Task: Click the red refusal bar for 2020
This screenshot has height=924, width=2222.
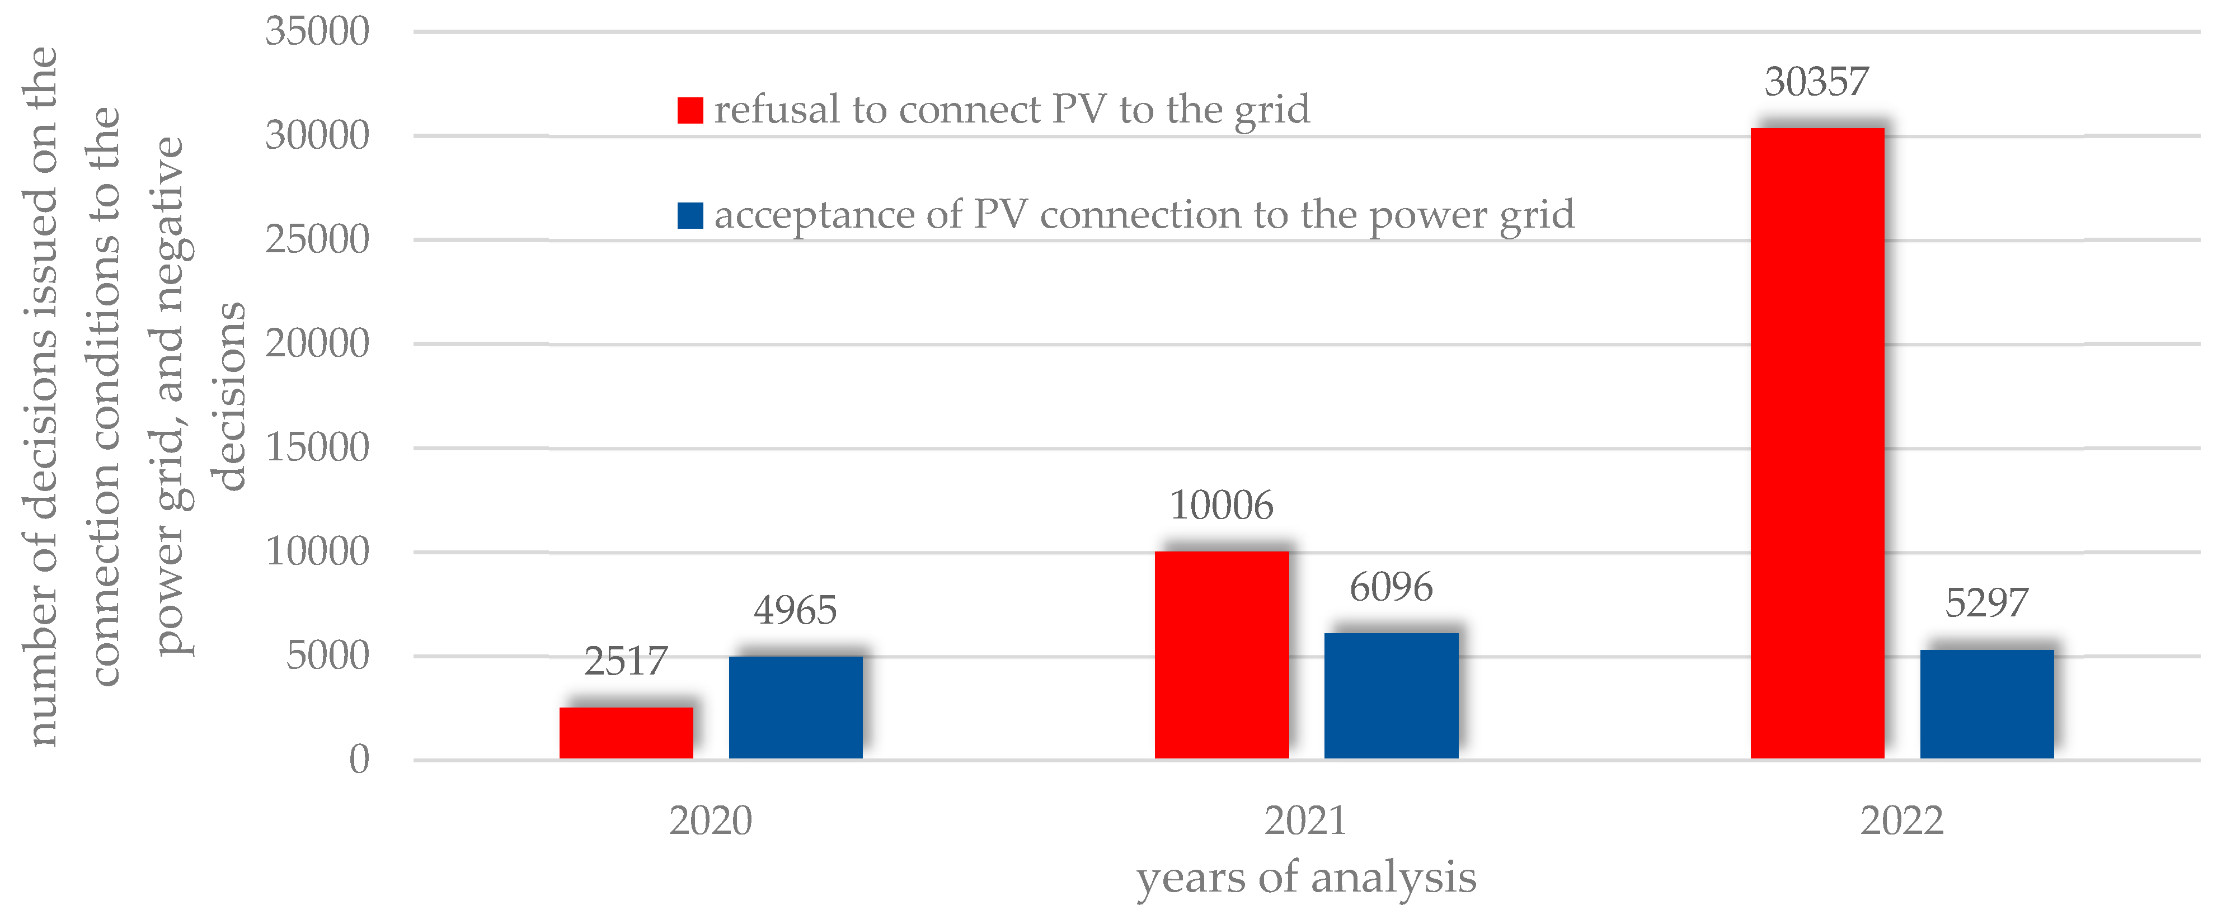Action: pyautogui.click(x=626, y=733)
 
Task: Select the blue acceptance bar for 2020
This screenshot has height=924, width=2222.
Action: pyautogui.click(x=795, y=707)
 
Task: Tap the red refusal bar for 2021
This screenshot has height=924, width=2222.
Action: pyautogui.click(x=1222, y=655)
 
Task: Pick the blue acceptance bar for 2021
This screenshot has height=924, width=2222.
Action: pyautogui.click(x=1391, y=696)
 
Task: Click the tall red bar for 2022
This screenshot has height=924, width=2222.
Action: pyautogui.click(x=1817, y=444)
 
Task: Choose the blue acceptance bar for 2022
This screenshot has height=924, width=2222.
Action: pyautogui.click(x=1986, y=704)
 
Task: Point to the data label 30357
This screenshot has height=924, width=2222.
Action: pyautogui.click(x=1816, y=82)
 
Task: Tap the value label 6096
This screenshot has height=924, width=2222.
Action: pyautogui.click(x=1390, y=587)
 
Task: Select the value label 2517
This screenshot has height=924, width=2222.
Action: pyautogui.click(x=626, y=661)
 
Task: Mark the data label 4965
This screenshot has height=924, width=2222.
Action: pyautogui.click(x=795, y=610)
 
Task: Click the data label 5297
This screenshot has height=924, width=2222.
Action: pyautogui.click(x=1986, y=602)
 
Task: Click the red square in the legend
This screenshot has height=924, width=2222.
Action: pyautogui.click(x=690, y=110)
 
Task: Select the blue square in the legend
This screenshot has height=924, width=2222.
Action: pyautogui.click(x=690, y=215)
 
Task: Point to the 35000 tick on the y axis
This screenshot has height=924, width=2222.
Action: pyautogui.click(x=317, y=32)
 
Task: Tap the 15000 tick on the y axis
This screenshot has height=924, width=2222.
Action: pyautogui.click(x=317, y=448)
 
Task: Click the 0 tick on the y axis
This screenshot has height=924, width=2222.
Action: pyautogui.click(x=359, y=760)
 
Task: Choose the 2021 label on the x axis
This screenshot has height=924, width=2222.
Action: pyautogui.click(x=1305, y=821)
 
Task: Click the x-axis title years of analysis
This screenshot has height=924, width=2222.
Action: pyautogui.click(x=1306, y=878)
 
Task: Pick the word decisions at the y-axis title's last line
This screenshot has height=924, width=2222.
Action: pyautogui.click(x=229, y=397)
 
